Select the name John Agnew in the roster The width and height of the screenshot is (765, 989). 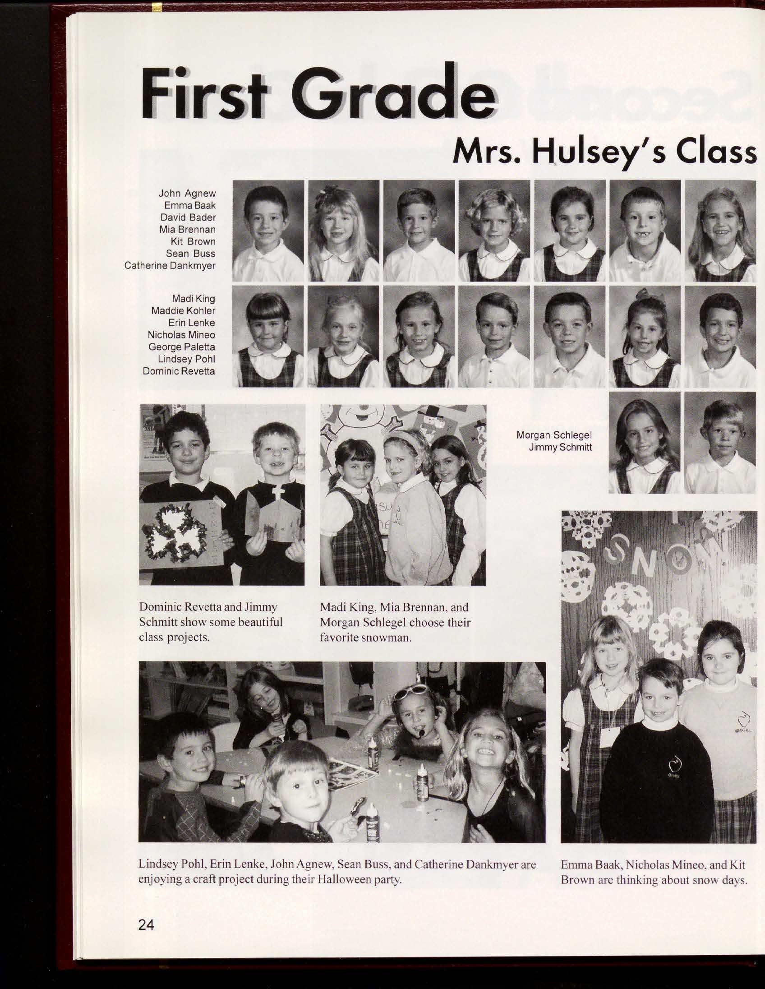click(187, 194)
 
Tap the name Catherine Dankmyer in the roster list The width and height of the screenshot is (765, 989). click(170, 266)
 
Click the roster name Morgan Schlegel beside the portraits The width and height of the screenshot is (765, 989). click(554, 435)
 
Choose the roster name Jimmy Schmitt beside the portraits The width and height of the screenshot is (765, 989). click(560, 448)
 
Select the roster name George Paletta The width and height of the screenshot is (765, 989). click(181, 347)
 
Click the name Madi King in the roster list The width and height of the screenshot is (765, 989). click(194, 299)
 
